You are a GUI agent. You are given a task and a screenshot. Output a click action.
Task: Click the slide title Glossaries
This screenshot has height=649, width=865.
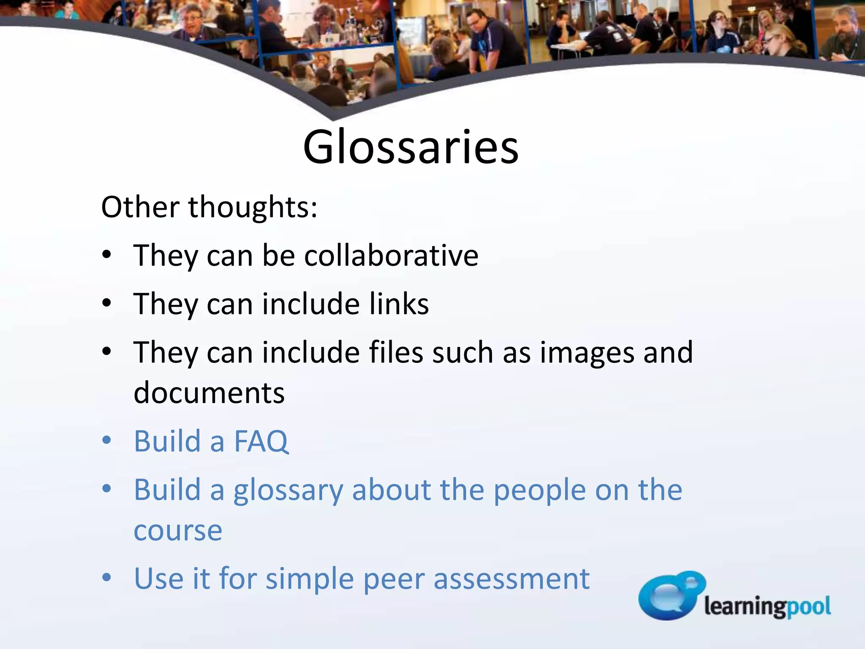[x=411, y=147]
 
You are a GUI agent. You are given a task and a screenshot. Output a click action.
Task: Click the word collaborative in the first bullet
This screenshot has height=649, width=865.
[x=391, y=256]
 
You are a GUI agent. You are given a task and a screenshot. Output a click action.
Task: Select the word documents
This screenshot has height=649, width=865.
[x=209, y=393]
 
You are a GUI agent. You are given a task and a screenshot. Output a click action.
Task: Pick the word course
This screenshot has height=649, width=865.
[x=178, y=531]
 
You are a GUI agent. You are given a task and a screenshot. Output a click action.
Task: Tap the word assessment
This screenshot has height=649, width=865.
[x=511, y=579]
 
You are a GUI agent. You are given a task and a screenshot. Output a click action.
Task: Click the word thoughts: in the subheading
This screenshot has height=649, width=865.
[x=253, y=207]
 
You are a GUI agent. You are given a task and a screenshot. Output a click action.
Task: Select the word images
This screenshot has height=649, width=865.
[x=587, y=352]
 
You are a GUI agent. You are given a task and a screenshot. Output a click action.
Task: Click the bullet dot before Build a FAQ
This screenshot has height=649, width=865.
[x=107, y=440]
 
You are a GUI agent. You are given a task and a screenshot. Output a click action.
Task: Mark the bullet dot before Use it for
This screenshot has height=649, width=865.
[x=107, y=577]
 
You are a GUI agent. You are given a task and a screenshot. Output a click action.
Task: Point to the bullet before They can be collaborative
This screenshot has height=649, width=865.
[x=107, y=255]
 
